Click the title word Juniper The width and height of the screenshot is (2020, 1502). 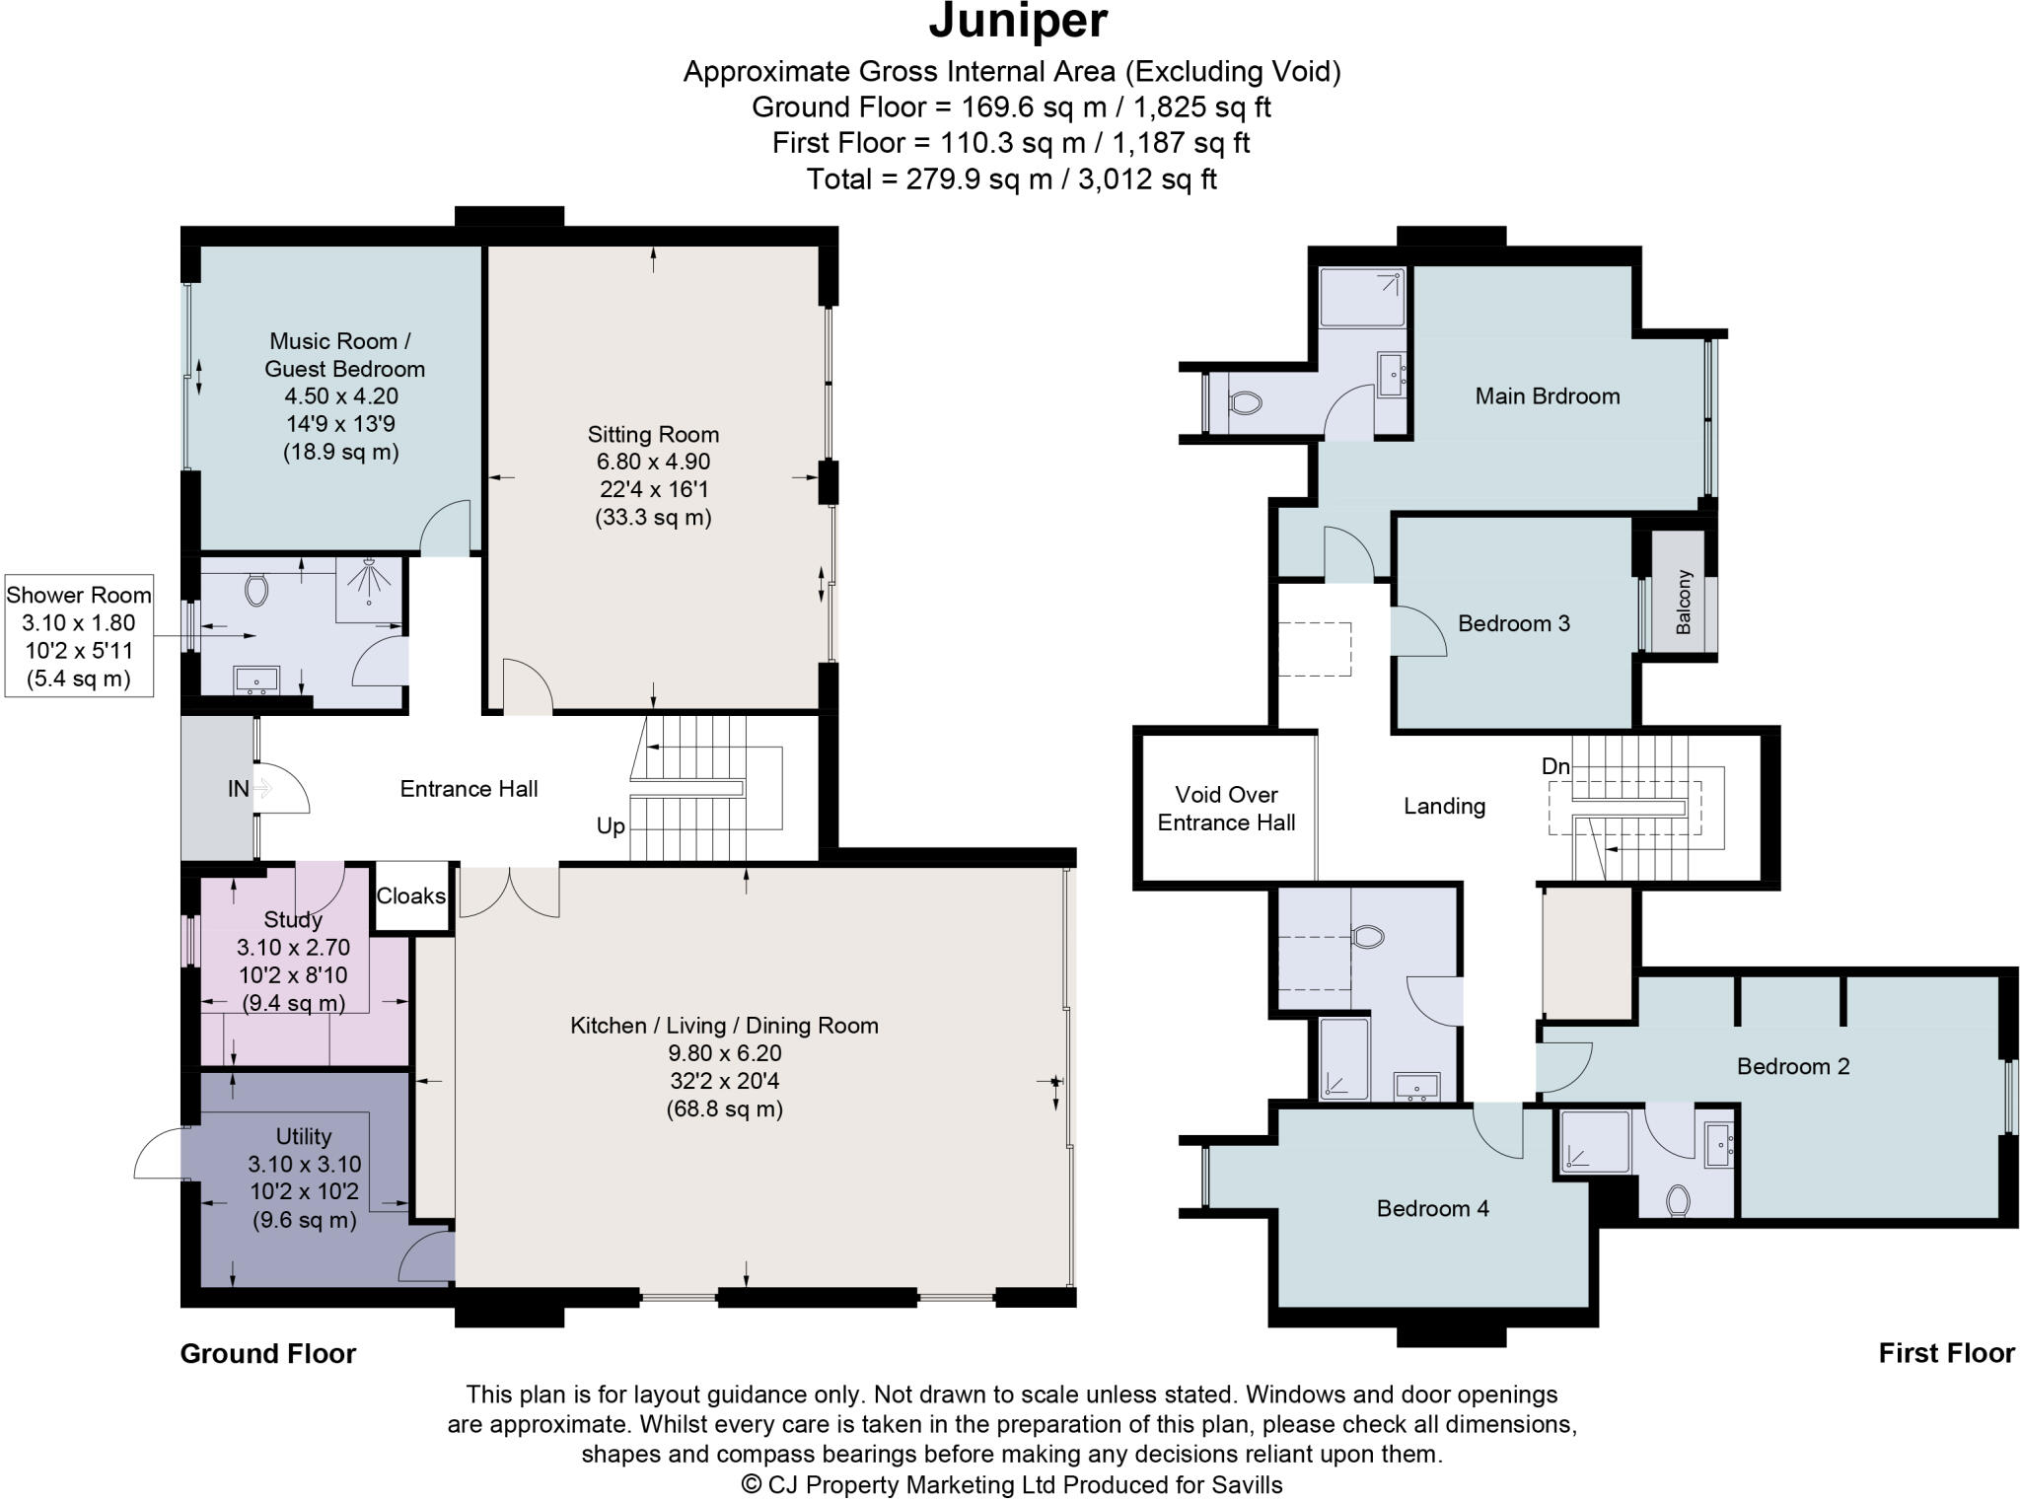click(x=1018, y=22)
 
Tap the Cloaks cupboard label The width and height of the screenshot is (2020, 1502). click(x=410, y=895)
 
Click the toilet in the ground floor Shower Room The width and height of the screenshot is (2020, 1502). click(x=256, y=590)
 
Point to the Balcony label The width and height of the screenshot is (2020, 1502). click(x=1684, y=602)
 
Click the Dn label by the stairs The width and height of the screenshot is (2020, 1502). click(x=1555, y=765)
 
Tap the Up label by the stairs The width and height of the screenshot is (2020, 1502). click(x=611, y=826)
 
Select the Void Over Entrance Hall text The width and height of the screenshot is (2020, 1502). click(x=1226, y=809)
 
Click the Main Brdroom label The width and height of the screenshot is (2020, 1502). click(x=1547, y=396)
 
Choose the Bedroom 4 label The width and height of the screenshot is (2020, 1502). click(x=1432, y=1208)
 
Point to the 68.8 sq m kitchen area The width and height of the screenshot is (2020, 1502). click(x=724, y=1109)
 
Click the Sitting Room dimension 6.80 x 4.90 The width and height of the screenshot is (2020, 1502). click(x=653, y=462)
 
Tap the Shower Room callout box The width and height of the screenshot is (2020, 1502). click(x=79, y=636)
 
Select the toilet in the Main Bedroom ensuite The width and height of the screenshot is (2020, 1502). click(x=1246, y=402)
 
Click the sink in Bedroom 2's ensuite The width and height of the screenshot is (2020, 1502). click(x=1718, y=1145)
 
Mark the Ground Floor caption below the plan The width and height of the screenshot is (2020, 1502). click(x=267, y=1353)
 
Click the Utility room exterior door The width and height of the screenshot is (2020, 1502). click(x=158, y=1154)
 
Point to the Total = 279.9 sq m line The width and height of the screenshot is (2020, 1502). click(x=1011, y=179)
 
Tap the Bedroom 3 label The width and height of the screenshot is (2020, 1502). click(x=1513, y=623)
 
